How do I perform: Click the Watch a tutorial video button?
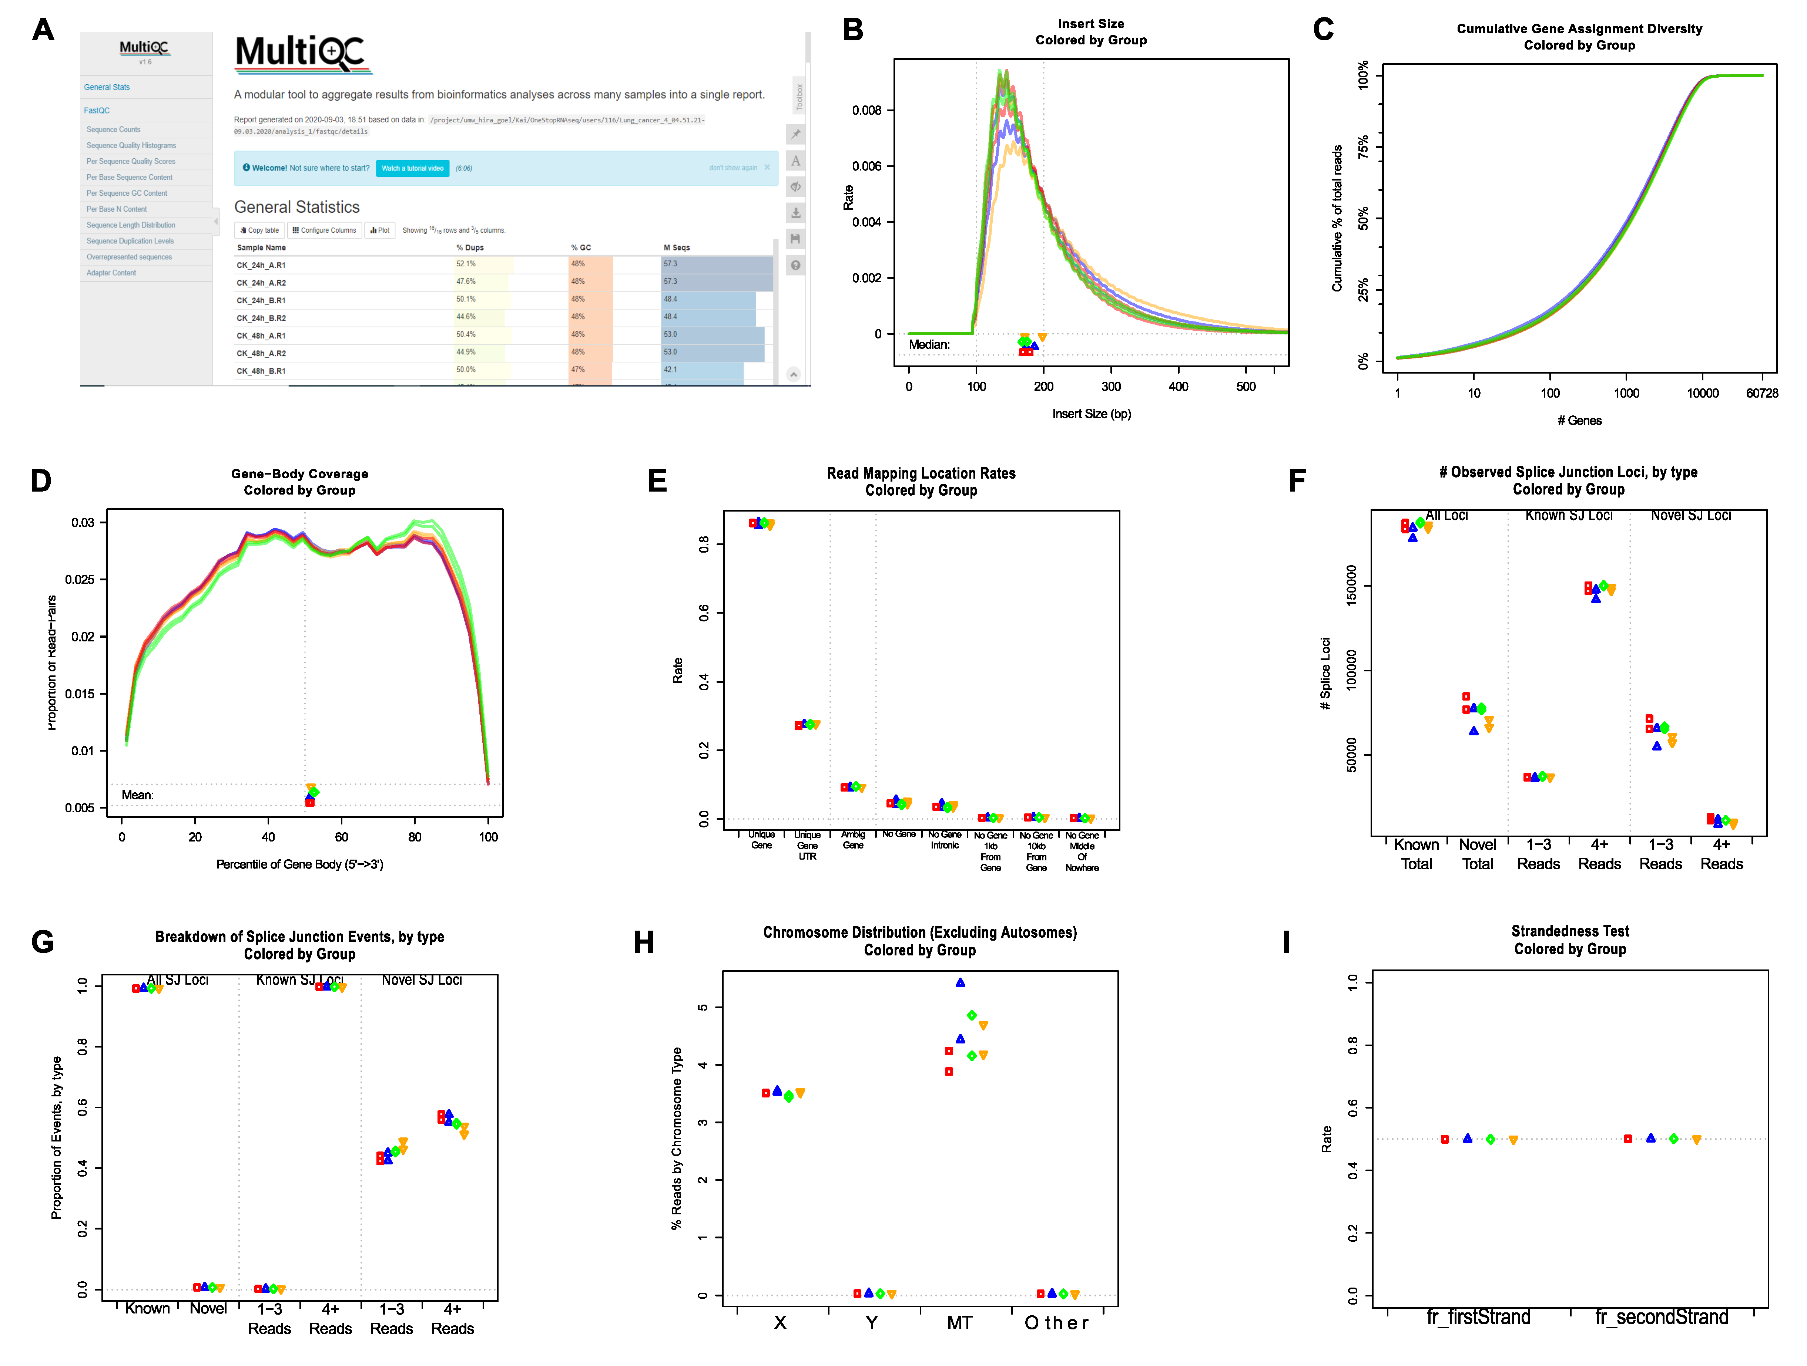(x=413, y=168)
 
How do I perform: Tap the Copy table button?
(x=260, y=230)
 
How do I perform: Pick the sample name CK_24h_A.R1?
(x=261, y=265)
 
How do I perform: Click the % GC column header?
(x=581, y=247)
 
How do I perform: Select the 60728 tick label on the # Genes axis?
(x=1761, y=394)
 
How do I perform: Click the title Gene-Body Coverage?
(x=299, y=473)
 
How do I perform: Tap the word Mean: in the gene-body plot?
(x=137, y=795)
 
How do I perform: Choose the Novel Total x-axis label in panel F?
(x=1477, y=854)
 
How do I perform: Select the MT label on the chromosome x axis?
(x=960, y=1323)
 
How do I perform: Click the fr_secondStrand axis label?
(x=1662, y=1317)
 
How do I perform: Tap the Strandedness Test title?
(x=1569, y=931)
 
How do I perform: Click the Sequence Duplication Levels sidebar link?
(x=130, y=241)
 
